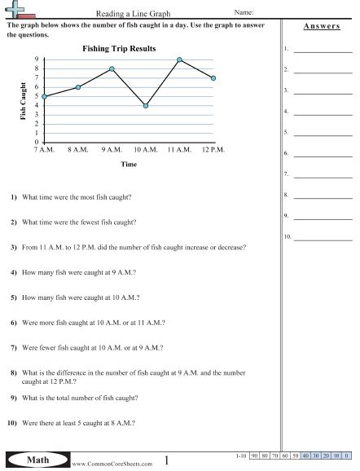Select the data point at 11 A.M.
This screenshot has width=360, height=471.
[x=179, y=59]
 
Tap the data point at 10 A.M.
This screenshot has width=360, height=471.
[x=145, y=105]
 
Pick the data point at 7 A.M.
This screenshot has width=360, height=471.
[x=45, y=96]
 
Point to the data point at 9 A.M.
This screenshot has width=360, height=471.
[x=112, y=68]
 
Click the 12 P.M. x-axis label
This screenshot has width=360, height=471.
[x=213, y=151]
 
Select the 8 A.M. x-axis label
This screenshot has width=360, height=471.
[x=77, y=151]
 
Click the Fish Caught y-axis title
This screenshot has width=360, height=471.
[x=23, y=102]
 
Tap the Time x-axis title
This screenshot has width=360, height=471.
[x=129, y=164]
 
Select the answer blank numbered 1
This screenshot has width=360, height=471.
[x=323, y=50]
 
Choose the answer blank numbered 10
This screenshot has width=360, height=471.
[x=323, y=238]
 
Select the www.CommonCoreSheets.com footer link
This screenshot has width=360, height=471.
[x=103, y=464]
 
